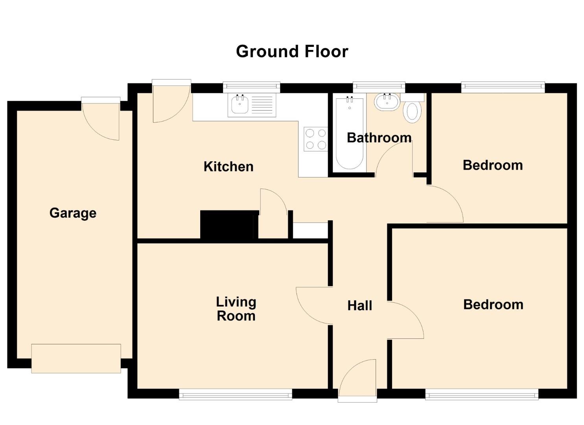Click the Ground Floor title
[292, 52]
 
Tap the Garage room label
[73, 213]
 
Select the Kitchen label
[228, 167]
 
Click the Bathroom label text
[379, 138]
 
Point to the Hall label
[360, 305]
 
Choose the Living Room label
[236, 309]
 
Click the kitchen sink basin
[239, 105]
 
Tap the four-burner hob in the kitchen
[315, 139]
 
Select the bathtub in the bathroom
[349, 133]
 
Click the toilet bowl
[412, 112]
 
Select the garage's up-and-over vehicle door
[76, 358]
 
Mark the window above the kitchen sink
[252, 87]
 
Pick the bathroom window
[379, 87]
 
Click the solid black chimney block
[229, 225]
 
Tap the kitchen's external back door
[171, 101]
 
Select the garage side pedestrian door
[101, 119]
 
